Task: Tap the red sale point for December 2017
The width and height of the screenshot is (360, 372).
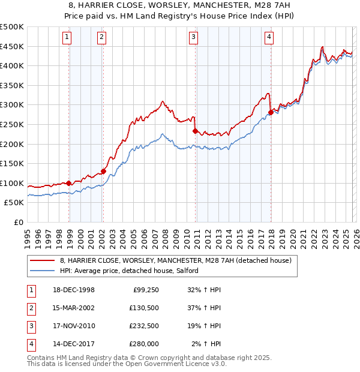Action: pyautogui.click(x=271, y=112)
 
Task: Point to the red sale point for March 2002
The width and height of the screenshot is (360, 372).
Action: pyautogui.click(x=103, y=171)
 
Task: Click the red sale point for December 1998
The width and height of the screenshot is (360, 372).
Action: pyautogui.click(x=69, y=183)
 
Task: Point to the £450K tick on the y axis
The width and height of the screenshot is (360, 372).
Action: pyautogui.click(x=13, y=46)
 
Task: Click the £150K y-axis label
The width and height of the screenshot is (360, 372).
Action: pyautogui.click(x=13, y=163)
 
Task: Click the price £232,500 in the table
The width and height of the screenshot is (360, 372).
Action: pyautogui.click(x=144, y=326)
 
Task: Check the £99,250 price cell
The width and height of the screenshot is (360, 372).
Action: pyautogui.click(x=145, y=290)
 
